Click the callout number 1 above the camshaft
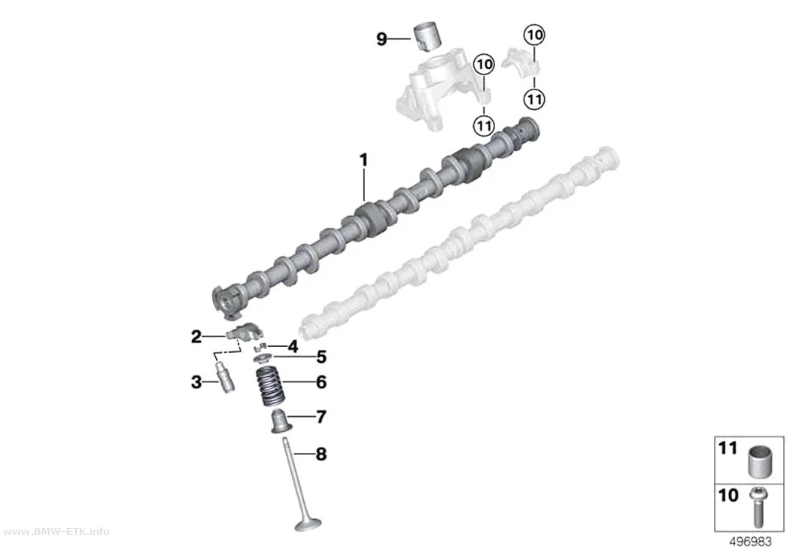(x=363, y=161)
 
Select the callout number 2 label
(x=196, y=336)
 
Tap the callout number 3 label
(x=196, y=382)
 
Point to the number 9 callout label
(x=382, y=39)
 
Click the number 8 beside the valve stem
(x=321, y=454)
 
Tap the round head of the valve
(x=308, y=524)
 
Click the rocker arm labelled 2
(x=245, y=333)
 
